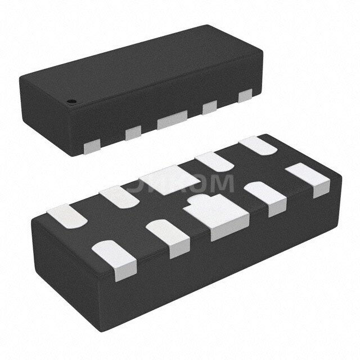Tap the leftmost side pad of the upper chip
[x=90, y=147]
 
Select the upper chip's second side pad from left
[x=133, y=133]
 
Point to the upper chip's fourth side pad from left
[x=210, y=107]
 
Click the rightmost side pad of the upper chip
[x=245, y=97]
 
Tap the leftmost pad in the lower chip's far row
[x=65, y=217]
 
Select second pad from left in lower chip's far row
[x=119, y=197]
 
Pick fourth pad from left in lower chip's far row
[x=215, y=162]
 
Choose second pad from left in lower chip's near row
[x=169, y=237]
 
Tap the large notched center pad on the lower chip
[x=219, y=217]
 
